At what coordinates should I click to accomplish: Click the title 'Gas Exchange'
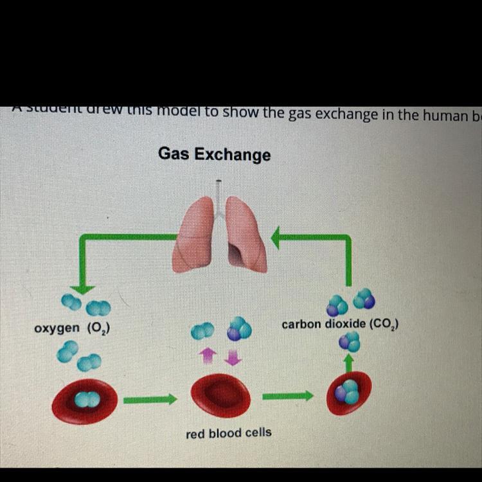215,155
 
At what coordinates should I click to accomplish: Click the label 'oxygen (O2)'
72,328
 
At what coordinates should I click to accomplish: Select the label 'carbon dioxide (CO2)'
340,325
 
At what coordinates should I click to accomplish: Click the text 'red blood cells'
228,433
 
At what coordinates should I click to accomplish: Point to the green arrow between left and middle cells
150,400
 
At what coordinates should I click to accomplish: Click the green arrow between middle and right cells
287,397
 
